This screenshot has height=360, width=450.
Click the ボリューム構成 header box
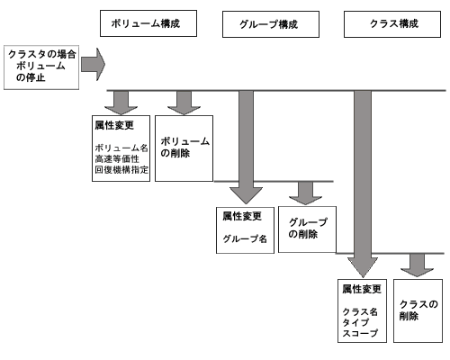click(148, 23)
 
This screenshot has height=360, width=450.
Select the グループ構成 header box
click(271, 24)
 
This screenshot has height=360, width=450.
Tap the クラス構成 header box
click(392, 24)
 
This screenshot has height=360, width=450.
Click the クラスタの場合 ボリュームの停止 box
click(41, 67)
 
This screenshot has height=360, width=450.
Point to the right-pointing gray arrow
click(93, 64)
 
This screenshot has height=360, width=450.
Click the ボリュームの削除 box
click(184, 148)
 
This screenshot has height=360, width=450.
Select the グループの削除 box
click(307, 229)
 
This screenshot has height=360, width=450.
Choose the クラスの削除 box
click(418, 310)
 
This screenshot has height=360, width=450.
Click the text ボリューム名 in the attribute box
click(121, 148)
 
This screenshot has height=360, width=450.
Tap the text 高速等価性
click(117, 159)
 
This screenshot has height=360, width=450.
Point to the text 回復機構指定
click(121, 170)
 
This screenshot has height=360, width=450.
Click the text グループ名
click(245, 238)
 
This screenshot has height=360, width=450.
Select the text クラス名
click(360, 312)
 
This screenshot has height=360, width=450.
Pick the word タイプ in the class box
click(355, 323)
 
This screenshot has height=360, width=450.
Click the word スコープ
click(360, 333)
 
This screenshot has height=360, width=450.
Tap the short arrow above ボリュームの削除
click(184, 103)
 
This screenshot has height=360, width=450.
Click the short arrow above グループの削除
click(305, 193)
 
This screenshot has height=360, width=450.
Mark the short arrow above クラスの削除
click(417, 265)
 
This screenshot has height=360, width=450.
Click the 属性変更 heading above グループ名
click(242, 216)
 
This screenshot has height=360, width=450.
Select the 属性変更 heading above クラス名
click(362, 289)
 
